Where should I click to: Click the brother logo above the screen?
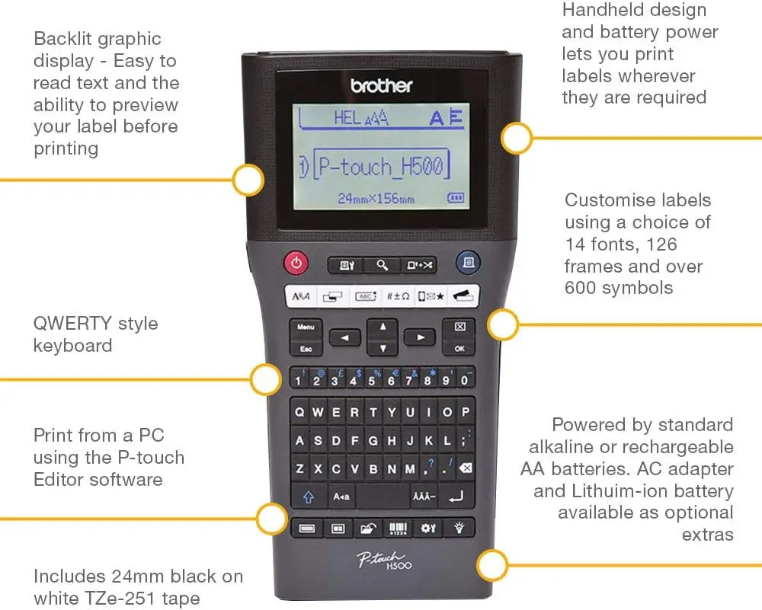382,86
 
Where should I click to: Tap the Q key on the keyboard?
299,412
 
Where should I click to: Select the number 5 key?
372,378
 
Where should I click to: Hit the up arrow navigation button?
383,327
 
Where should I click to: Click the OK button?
459,349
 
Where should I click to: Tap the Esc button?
306,349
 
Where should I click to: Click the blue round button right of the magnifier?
468,262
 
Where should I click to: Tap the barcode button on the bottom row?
398,529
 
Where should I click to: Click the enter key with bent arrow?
456,497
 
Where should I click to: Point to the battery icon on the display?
456,198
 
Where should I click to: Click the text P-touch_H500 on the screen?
381,167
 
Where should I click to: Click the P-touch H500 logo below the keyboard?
384,560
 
